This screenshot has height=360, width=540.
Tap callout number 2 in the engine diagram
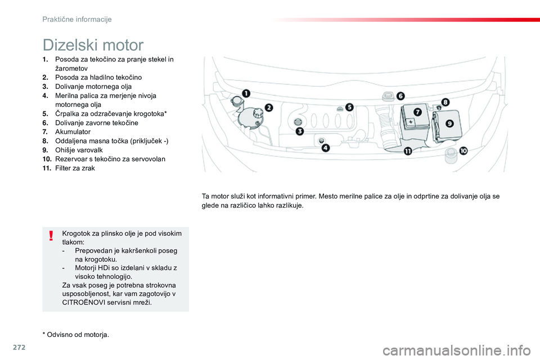tap(269, 107)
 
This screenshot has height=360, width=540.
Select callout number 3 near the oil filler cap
tap(300, 132)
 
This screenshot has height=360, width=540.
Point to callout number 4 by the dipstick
tap(326, 148)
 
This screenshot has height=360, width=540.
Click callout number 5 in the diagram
tap(349, 107)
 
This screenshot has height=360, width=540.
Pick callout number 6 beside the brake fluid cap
tap(400, 96)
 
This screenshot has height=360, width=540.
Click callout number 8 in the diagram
tap(445, 102)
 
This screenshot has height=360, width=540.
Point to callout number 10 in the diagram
tap(463, 151)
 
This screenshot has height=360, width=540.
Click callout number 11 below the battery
tap(407, 151)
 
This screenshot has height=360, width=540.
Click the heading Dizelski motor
tap(93, 44)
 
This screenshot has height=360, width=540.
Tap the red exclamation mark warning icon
tap(51, 235)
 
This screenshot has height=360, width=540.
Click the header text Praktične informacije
tap(77, 19)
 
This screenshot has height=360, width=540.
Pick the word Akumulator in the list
tap(73, 132)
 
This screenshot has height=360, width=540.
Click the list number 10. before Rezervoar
tap(47, 159)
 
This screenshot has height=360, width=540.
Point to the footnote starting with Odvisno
tap(78, 335)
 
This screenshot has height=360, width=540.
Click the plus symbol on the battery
tap(411, 121)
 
